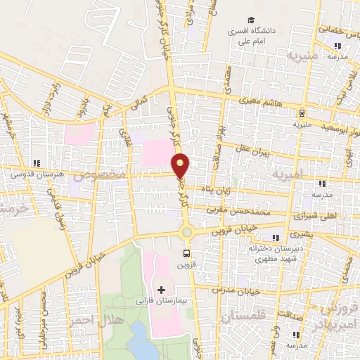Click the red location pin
[181, 166]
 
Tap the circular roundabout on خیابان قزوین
[186, 233]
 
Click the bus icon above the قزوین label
[186, 253]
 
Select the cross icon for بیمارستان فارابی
[161, 290]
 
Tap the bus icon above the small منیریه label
[302, 112]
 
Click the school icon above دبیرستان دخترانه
[276, 237]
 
